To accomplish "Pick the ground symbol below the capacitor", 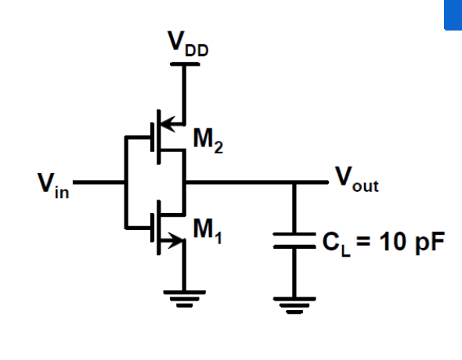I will pyautogui.click(x=295, y=301).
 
